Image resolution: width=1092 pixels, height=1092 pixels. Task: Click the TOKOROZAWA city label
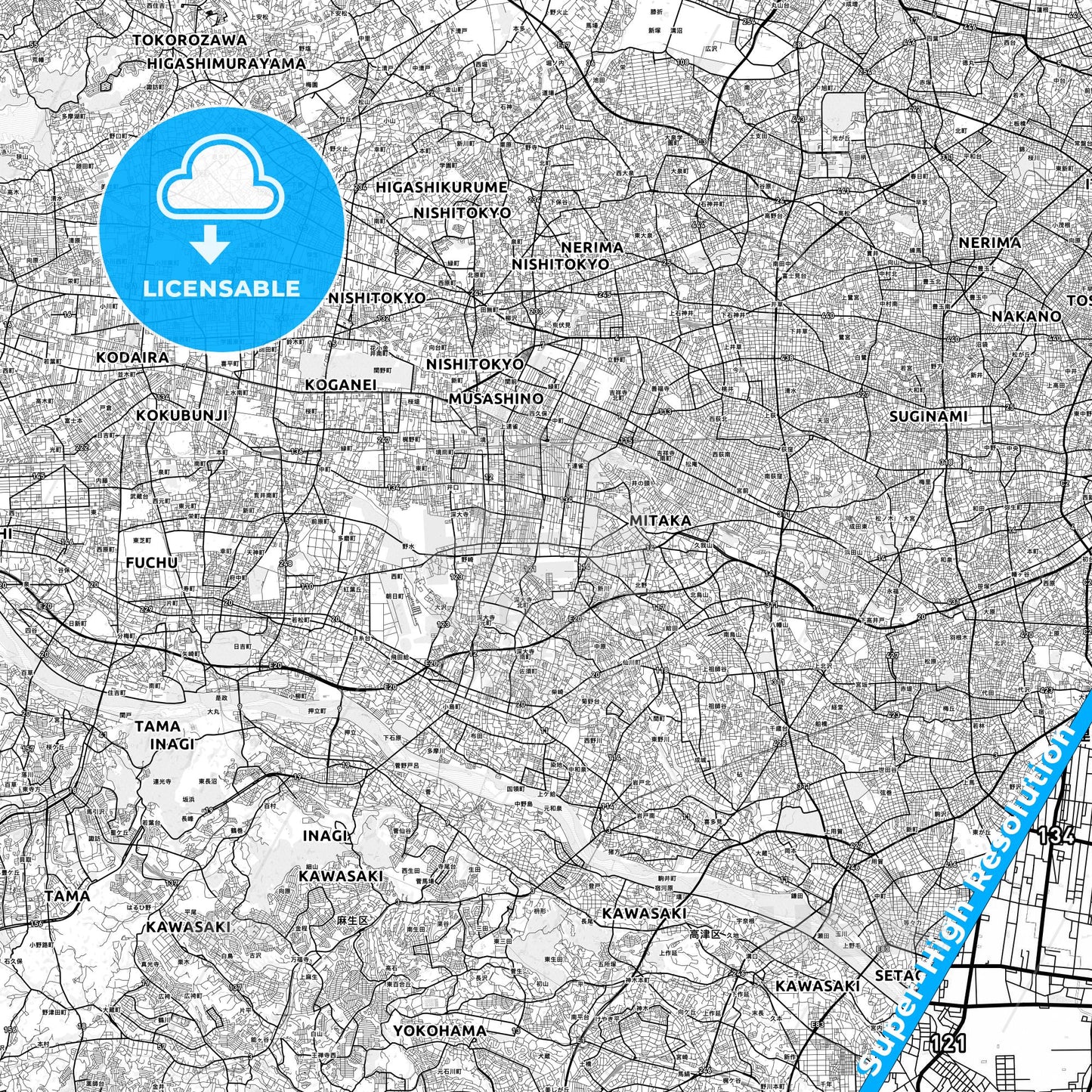[x=190, y=40]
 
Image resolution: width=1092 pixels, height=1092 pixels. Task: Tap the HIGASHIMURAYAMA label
[x=227, y=63]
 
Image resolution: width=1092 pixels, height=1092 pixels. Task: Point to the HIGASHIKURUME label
[x=442, y=187]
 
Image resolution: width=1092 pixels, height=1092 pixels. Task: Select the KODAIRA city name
[x=132, y=357]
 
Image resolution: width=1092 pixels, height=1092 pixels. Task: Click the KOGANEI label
[x=340, y=385]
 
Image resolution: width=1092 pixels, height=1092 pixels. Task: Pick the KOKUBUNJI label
[x=182, y=416]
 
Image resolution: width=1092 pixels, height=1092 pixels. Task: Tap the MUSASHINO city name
[x=496, y=398]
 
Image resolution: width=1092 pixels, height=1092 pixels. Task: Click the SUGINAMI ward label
[x=929, y=416]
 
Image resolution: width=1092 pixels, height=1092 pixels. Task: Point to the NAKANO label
[x=1026, y=316]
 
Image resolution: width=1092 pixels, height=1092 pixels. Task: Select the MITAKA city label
[x=660, y=521]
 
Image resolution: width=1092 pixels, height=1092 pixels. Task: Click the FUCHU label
[x=152, y=562]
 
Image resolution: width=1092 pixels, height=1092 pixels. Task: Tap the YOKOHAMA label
[x=439, y=1031]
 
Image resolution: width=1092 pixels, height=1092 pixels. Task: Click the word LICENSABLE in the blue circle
[x=221, y=288]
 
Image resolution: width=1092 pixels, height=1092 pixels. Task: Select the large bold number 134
[x=1056, y=836]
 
